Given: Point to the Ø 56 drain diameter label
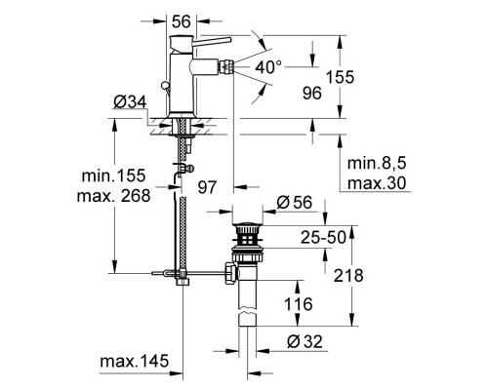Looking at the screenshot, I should click(292, 203).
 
